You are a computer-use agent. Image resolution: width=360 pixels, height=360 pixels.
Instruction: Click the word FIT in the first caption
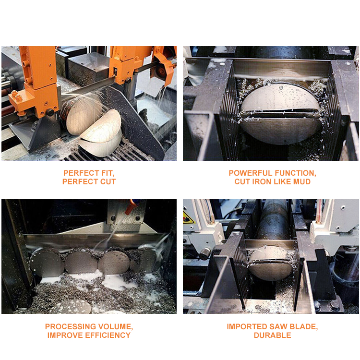pyautogui.click(x=108, y=173)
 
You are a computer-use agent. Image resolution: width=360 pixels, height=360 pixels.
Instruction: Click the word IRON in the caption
pyautogui.click(x=262, y=181)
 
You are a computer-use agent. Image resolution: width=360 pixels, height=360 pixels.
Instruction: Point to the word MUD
pyautogui.click(x=302, y=181)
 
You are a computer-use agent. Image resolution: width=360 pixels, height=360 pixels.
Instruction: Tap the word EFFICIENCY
pyautogui.click(x=108, y=335)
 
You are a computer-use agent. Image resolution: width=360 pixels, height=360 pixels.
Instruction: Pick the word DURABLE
pyautogui.click(x=272, y=335)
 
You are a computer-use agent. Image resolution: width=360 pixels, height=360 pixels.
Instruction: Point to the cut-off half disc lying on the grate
pyautogui.click(x=101, y=133)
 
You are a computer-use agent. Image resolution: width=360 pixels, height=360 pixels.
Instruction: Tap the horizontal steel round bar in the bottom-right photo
pyautogui.click(x=274, y=219)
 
